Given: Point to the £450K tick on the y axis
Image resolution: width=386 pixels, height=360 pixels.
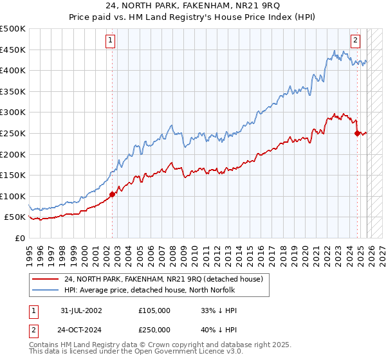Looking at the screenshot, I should (13, 50).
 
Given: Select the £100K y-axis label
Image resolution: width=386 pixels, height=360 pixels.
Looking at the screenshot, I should (13, 196).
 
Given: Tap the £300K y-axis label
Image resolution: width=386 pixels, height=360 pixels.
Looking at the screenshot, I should (13, 113).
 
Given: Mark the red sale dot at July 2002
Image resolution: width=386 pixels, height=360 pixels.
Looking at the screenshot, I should (112, 194).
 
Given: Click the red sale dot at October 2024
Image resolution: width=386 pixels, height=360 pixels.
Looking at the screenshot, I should (357, 133).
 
